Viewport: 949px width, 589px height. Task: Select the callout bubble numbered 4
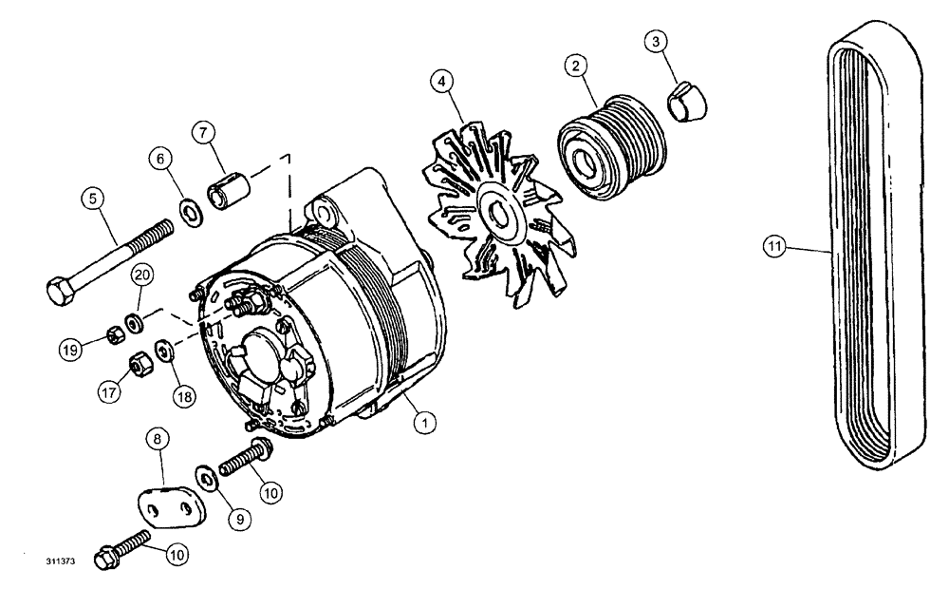pyautogui.click(x=441, y=81)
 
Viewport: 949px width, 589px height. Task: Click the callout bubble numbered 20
pyautogui.click(x=142, y=276)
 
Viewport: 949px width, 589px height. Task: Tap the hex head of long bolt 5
pyautogui.click(x=59, y=287)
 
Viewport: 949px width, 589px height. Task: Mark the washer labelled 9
pyautogui.click(x=205, y=475)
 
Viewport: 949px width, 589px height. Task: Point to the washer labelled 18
pyautogui.click(x=165, y=353)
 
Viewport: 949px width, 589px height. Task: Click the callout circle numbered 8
pyautogui.click(x=158, y=441)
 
